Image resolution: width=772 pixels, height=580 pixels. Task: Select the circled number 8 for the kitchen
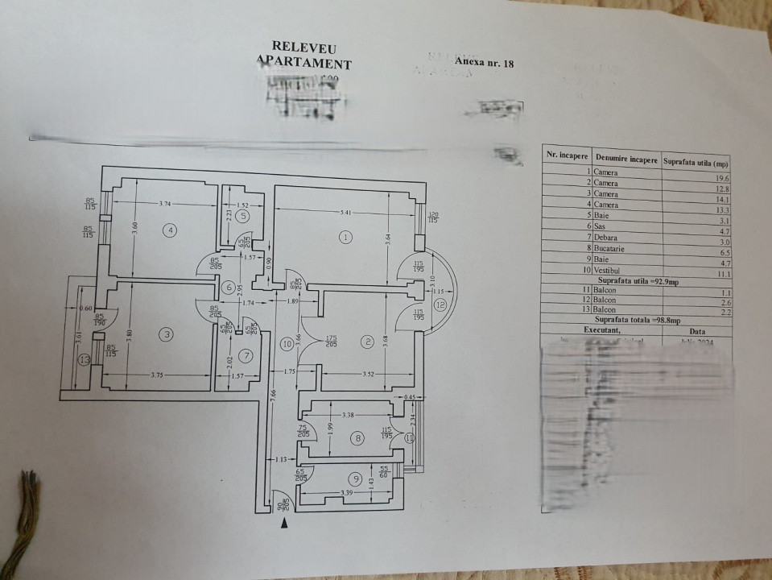pos(358,437)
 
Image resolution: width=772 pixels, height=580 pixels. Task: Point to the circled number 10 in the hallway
pos(286,344)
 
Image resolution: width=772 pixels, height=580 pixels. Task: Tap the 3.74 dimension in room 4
pos(166,204)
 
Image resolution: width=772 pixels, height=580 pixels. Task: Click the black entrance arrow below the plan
pos(284,524)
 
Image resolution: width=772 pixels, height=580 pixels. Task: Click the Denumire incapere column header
pos(625,158)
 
